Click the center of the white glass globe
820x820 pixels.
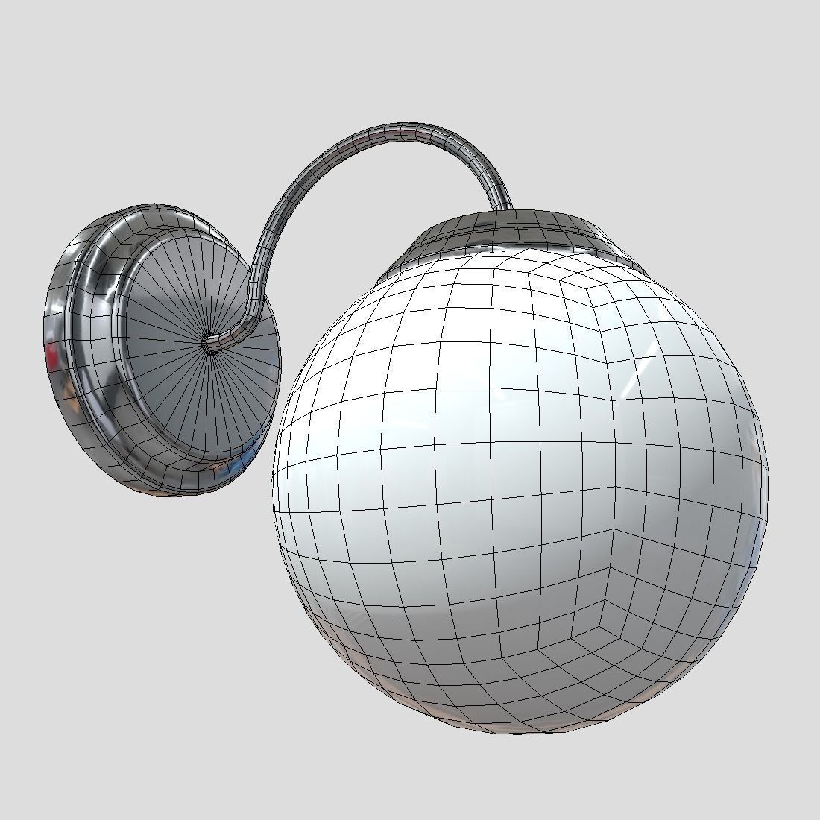click(520, 477)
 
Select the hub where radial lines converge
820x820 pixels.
click(212, 342)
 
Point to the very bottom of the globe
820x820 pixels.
click(522, 734)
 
